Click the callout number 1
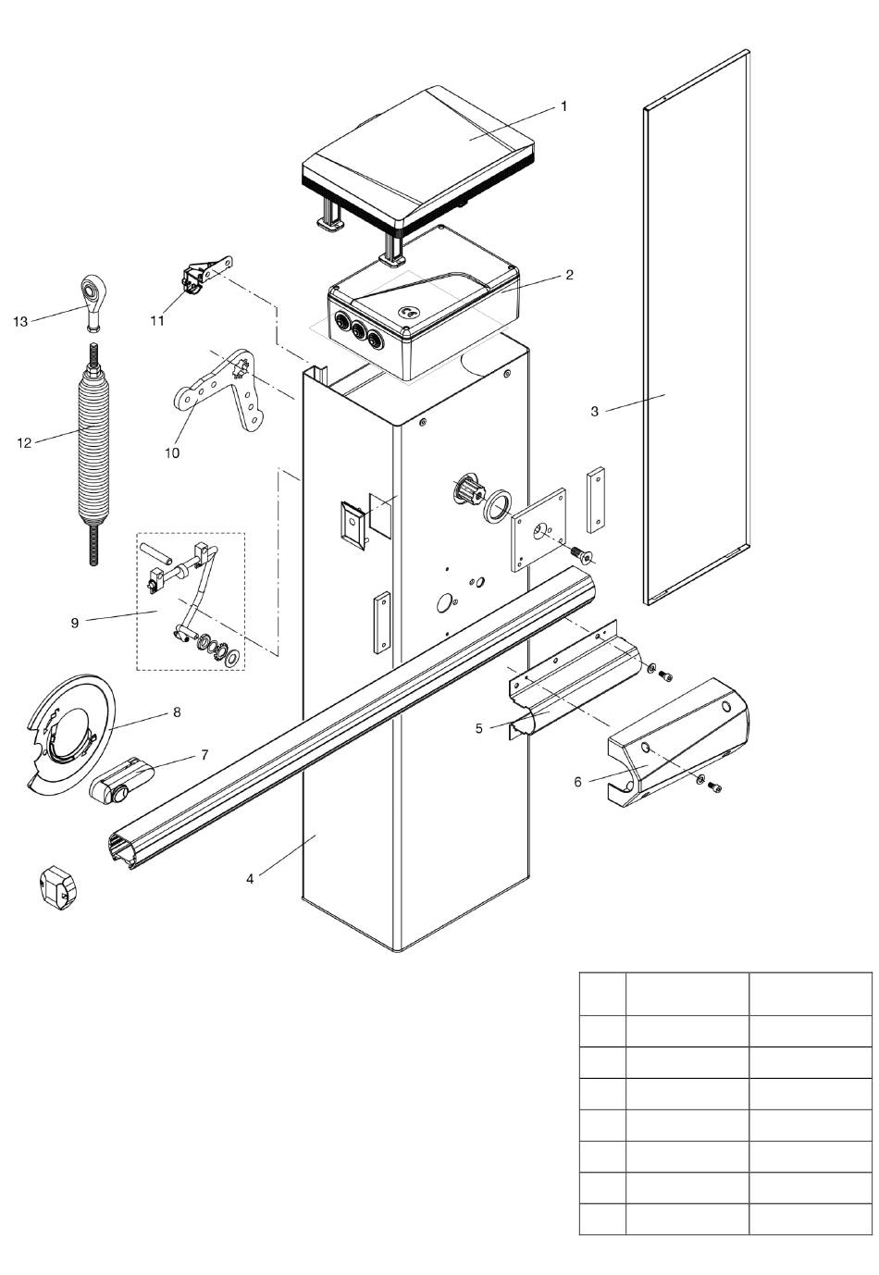(563, 106)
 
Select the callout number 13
(20, 322)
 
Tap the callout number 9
(75, 623)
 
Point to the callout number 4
(250, 879)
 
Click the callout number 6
(578, 782)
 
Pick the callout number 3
(594, 411)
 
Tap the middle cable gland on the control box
(357, 329)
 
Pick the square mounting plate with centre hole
(538, 528)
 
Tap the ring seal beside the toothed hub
(497, 504)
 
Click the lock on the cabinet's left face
(353, 524)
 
